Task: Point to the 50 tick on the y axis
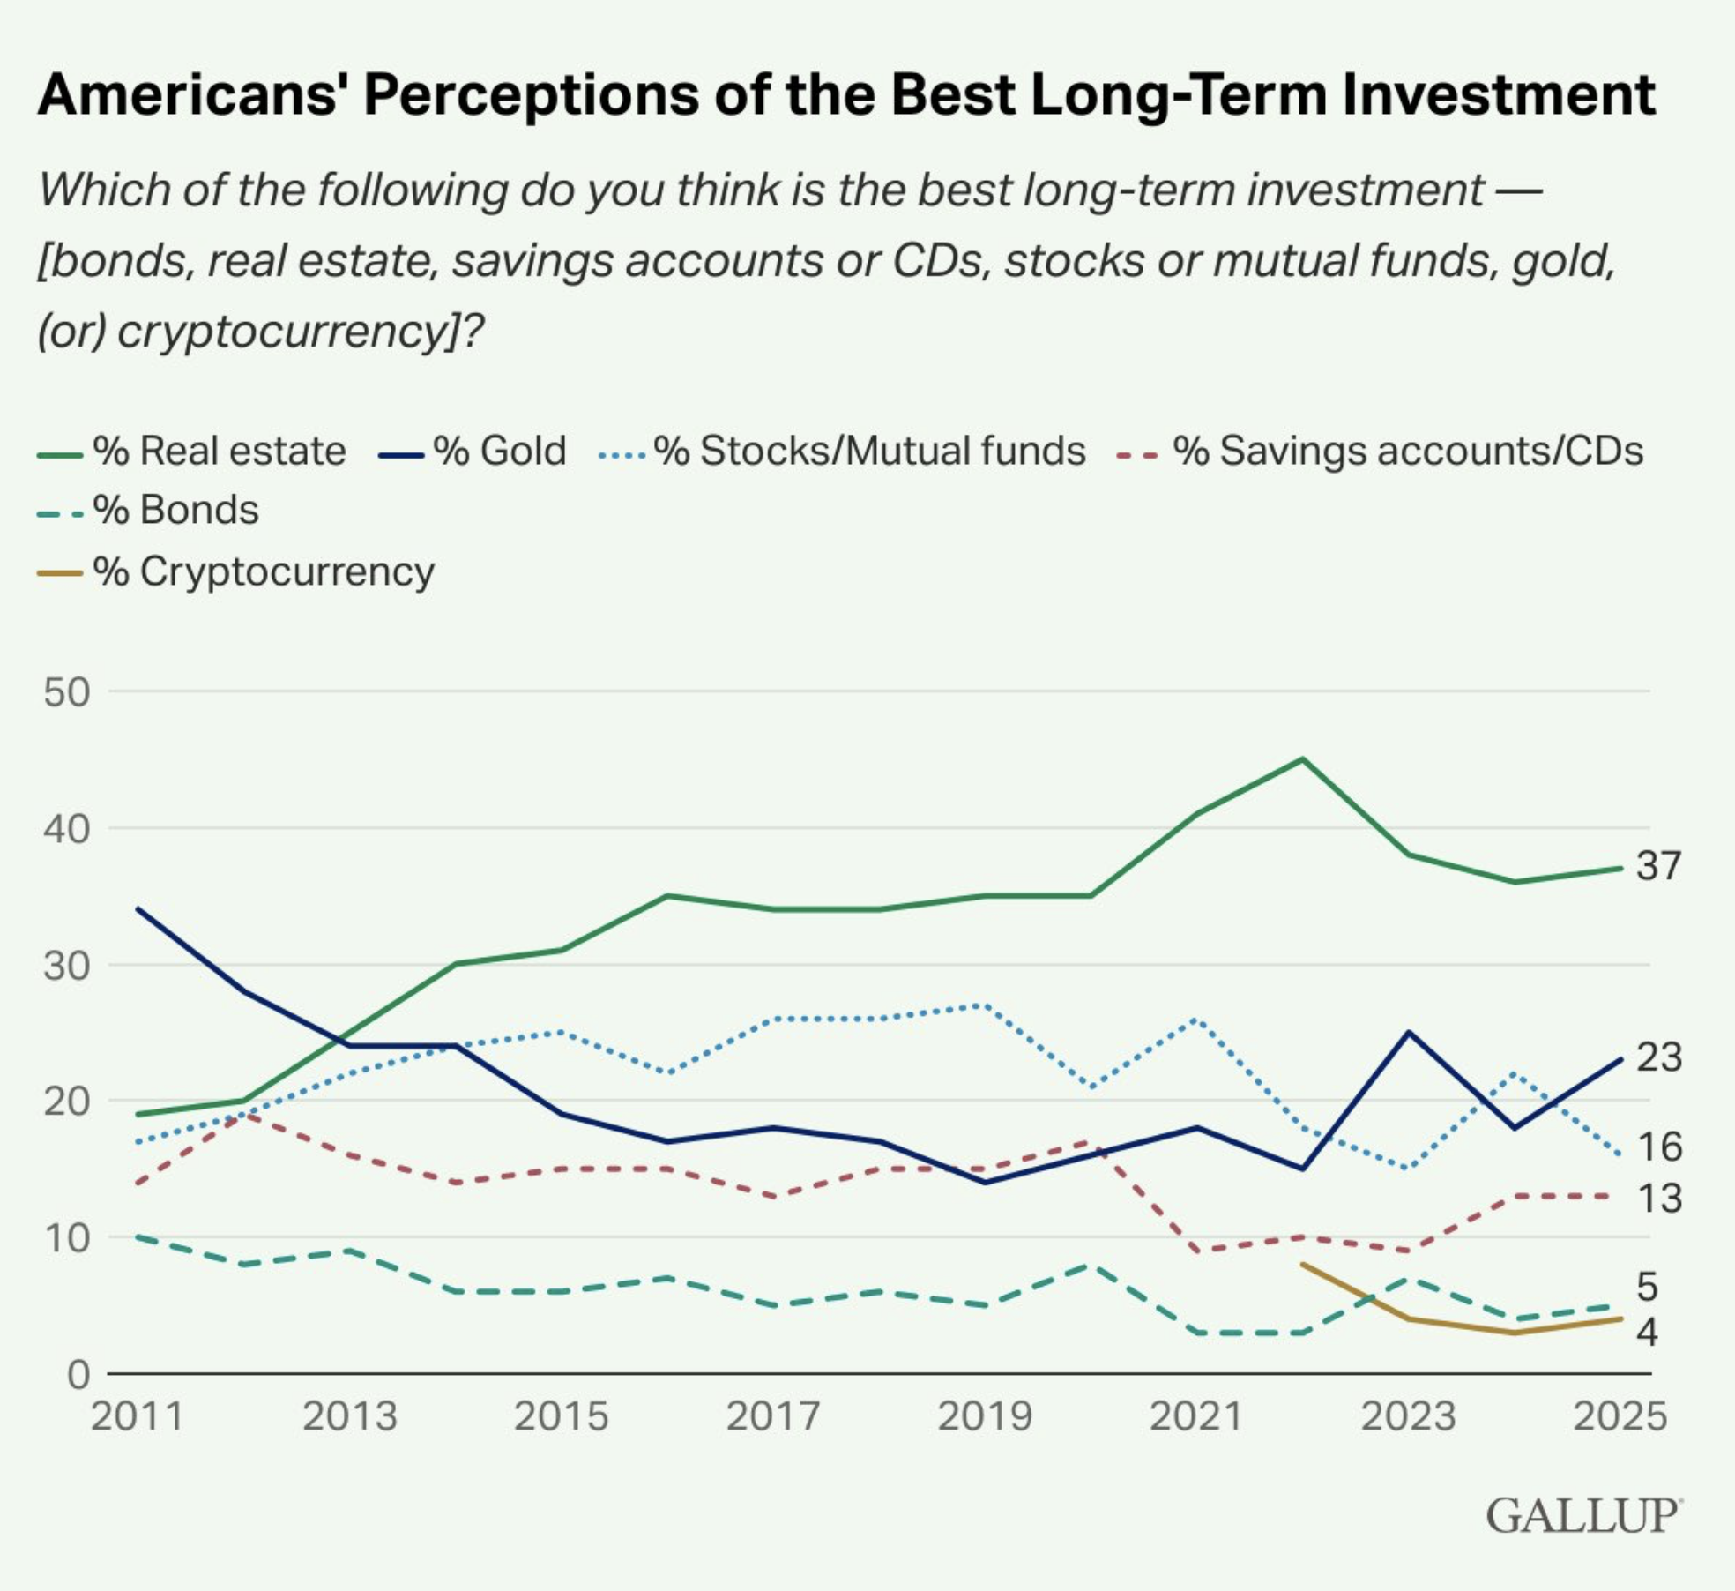pyautogui.click(x=67, y=692)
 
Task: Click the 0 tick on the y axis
pyautogui.click(x=78, y=1375)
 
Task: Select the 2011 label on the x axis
pyautogui.click(x=138, y=1417)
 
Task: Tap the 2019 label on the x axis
pyautogui.click(x=985, y=1417)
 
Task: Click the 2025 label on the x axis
pyautogui.click(x=1620, y=1417)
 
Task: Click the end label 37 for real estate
pyautogui.click(x=1659, y=866)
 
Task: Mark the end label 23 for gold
pyautogui.click(x=1659, y=1057)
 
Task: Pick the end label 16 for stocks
pyautogui.click(x=1659, y=1147)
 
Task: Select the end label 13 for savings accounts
pyautogui.click(x=1659, y=1199)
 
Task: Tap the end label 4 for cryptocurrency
pyautogui.click(x=1648, y=1332)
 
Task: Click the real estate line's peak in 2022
pyautogui.click(x=1302, y=759)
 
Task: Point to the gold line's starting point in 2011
pyautogui.click(x=138, y=909)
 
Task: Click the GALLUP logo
pyautogui.click(x=1583, y=1516)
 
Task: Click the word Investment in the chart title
pyautogui.click(x=1499, y=94)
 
